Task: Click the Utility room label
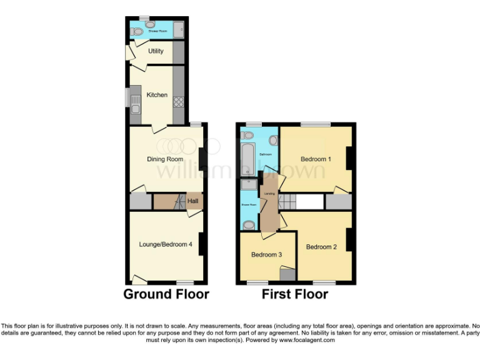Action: tap(156, 51)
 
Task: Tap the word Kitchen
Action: tap(157, 95)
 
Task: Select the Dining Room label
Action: tap(165, 159)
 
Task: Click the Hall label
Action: tap(193, 201)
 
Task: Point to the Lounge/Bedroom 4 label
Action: tap(166, 244)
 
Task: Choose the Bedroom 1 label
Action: tap(316, 159)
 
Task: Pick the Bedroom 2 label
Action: tap(321, 247)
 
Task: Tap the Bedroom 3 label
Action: tap(267, 255)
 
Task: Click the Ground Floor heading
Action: tap(166, 294)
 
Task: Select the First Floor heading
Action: tap(295, 294)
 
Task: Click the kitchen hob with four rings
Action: tap(177, 102)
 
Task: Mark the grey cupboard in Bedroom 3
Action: tap(287, 274)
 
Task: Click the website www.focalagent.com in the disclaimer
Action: tap(306, 341)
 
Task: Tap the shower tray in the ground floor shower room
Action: tap(178, 29)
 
